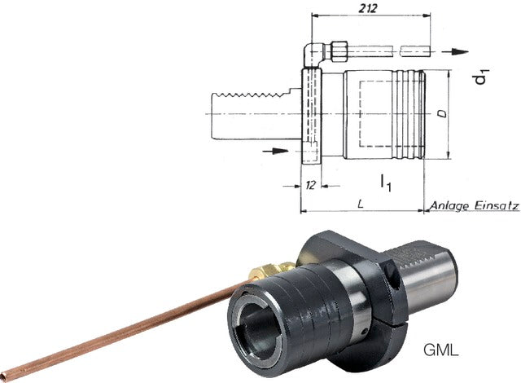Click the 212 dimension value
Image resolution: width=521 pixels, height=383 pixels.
[x=368, y=8]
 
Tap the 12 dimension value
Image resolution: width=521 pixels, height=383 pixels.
[x=310, y=185]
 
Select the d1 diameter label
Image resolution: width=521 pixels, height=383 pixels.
[x=481, y=76]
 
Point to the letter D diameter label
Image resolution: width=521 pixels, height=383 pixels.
[x=442, y=114]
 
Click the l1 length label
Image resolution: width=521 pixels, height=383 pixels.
[x=386, y=183]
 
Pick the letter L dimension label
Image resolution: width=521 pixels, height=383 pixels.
[x=360, y=205]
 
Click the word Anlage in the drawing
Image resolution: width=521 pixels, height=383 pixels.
[x=449, y=206]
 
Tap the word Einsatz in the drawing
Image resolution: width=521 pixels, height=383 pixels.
[x=497, y=205]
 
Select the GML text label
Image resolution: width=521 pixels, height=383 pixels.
[x=441, y=350]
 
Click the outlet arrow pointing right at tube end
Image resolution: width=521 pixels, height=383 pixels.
[x=455, y=51]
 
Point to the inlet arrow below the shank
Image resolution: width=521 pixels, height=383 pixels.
[x=275, y=151]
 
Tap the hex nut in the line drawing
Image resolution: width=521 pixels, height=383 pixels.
[x=339, y=51]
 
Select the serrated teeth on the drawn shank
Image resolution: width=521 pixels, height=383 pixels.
[x=252, y=96]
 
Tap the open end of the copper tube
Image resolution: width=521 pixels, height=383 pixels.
[x=3, y=376]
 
